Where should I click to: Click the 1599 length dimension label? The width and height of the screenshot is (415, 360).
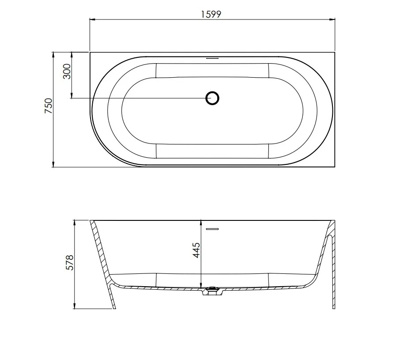point(211,14)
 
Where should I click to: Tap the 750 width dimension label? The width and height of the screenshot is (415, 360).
point(49,106)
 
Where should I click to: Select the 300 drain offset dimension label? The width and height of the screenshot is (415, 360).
point(67,71)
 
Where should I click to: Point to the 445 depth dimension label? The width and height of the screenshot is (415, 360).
point(196,250)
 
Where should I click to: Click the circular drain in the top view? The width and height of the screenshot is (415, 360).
point(212,98)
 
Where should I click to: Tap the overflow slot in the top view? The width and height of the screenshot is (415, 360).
point(212,58)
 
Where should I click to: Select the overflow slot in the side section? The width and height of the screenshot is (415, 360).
point(212,229)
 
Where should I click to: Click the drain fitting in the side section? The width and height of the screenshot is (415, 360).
point(212,291)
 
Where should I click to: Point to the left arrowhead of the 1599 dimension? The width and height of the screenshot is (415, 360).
point(92,19)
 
